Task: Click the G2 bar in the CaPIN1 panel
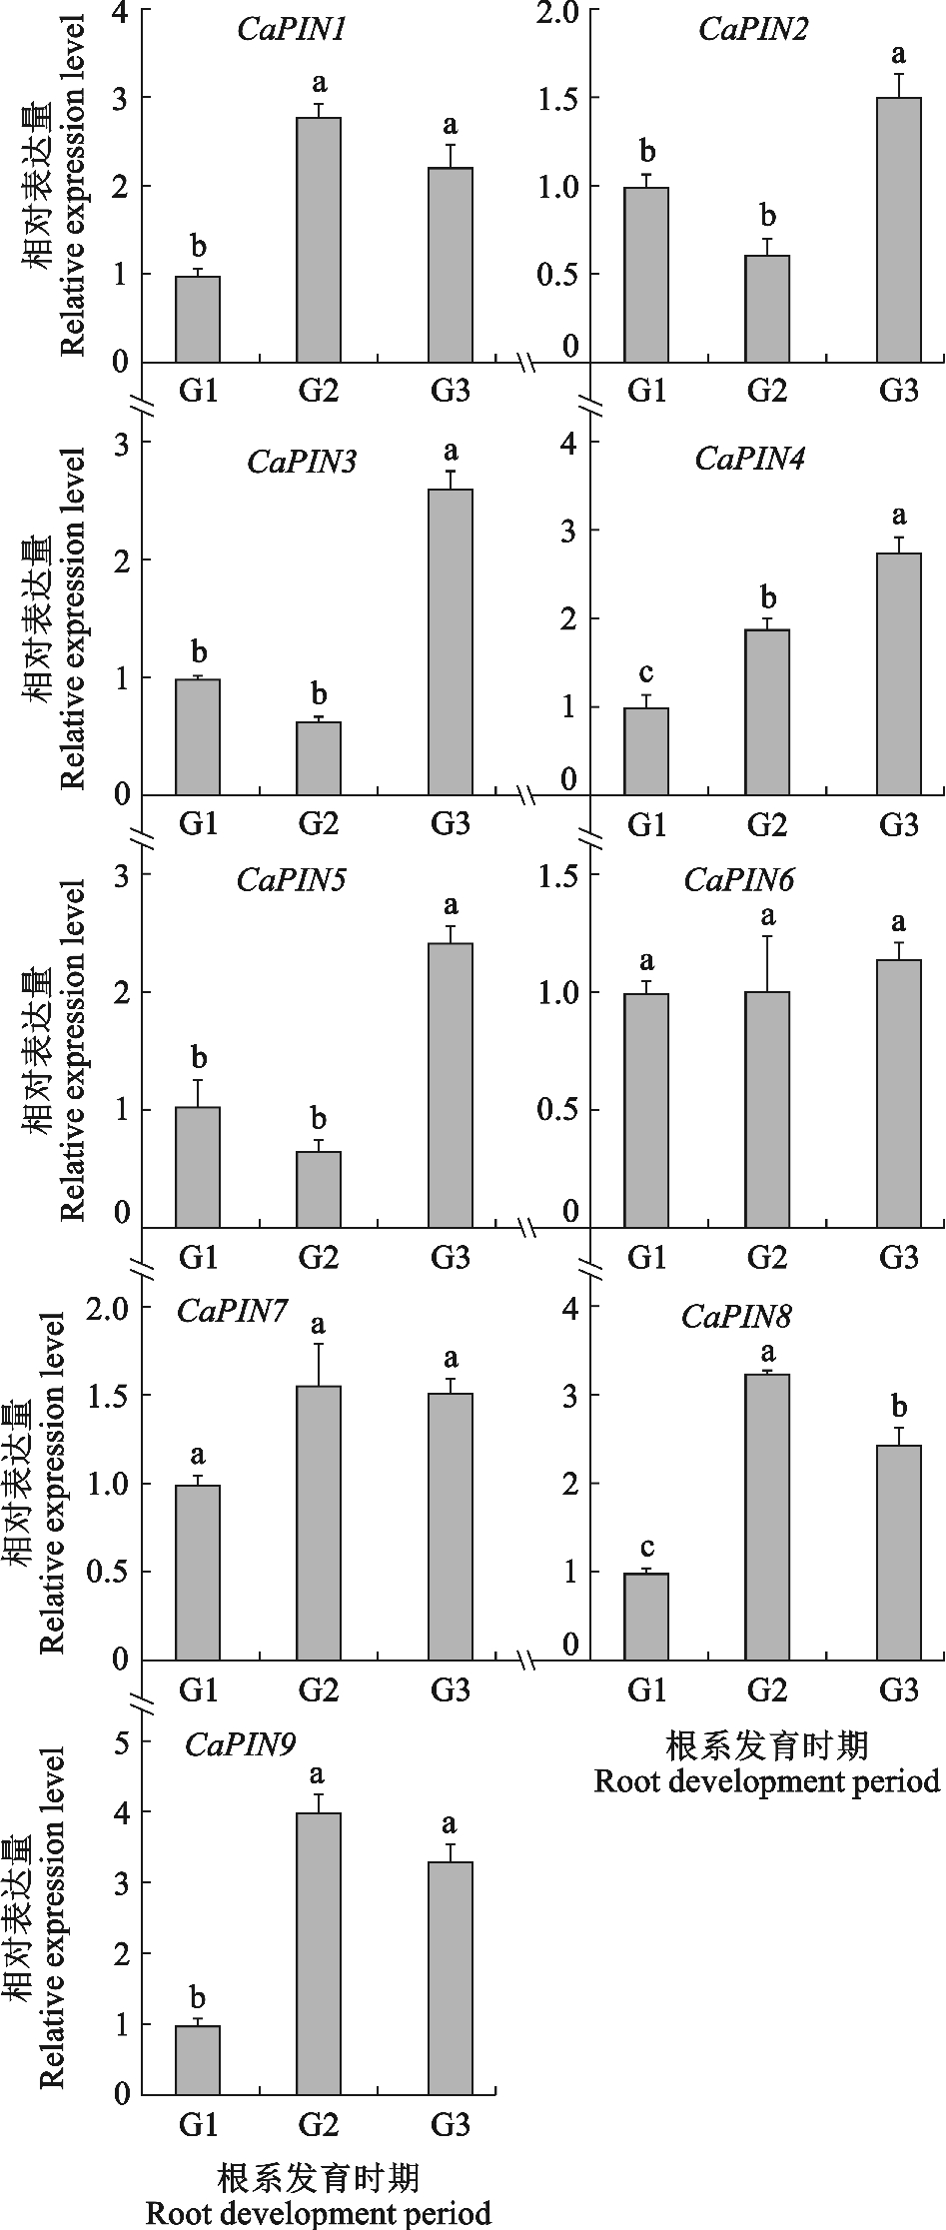[x=319, y=240]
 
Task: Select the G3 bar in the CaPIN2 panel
[x=898, y=230]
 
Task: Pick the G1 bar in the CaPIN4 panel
[x=646, y=751]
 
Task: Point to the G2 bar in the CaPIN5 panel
[x=319, y=1189]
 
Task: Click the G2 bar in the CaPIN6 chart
[x=767, y=1109]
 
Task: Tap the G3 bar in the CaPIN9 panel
[x=451, y=1978]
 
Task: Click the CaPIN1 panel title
[x=292, y=30]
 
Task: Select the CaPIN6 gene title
[x=739, y=880]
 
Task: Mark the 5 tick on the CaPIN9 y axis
[x=123, y=1743]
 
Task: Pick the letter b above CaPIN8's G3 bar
[x=898, y=1408]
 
